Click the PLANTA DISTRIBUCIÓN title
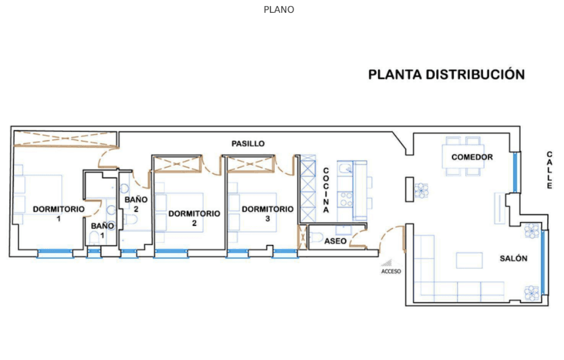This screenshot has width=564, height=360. [446, 74]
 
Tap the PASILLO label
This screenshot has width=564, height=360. [248, 143]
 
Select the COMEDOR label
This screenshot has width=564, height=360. [472, 157]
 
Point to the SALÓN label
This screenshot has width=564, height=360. [513, 258]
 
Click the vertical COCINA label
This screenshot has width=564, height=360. [326, 190]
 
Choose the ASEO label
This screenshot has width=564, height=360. [335, 241]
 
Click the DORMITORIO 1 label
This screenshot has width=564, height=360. [59, 213]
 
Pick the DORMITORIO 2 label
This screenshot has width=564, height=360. [194, 218]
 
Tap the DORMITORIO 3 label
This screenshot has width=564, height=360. [268, 213]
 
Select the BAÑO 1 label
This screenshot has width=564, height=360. [102, 230]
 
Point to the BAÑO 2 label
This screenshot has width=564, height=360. [136, 204]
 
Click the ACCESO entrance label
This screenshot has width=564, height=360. [391, 271]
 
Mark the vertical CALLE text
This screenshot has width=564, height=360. [549, 170]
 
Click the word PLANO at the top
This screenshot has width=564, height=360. [279, 9]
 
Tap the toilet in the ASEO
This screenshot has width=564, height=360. [316, 237]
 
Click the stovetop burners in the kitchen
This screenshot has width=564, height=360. [346, 200]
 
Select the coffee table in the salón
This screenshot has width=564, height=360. [469, 261]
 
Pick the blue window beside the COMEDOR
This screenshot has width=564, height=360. [515, 172]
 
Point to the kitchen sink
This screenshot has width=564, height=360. [346, 168]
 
